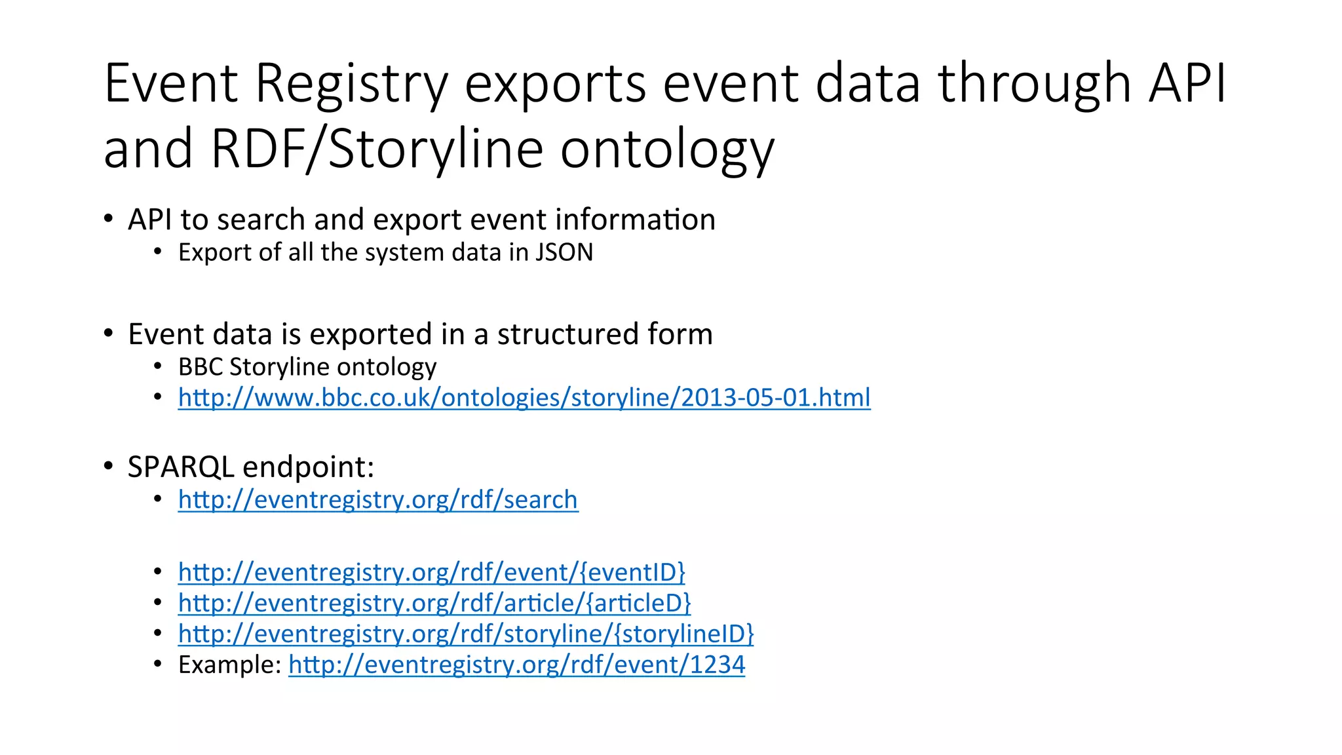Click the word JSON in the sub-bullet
point(564,252)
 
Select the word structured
point(567,334)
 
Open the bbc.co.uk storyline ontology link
point(524,398)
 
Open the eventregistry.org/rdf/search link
point(378,500)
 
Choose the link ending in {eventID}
point(432,573)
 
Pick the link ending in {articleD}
point(434,604)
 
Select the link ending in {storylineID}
point(466,634)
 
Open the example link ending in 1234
point(516,665)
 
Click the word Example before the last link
point(229,665)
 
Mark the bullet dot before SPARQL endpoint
point(109,466)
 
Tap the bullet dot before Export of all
point(158,252)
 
